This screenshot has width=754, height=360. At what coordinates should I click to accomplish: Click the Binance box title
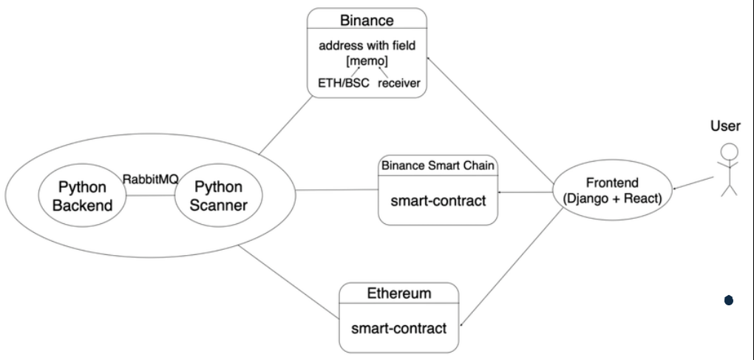(367, 20)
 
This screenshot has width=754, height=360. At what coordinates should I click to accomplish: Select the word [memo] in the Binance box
(367, 60)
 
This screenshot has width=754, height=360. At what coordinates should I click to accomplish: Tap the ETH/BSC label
(338, 83)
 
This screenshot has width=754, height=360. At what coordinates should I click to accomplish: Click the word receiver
(399, 83)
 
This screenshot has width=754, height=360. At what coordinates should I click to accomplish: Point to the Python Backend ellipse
(82, 195)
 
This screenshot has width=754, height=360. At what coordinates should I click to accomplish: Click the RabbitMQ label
(151, 180)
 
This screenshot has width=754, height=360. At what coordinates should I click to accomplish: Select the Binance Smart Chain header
(438, 164)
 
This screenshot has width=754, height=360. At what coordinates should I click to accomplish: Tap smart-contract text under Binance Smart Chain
(438, 199)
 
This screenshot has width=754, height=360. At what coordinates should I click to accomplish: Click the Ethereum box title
(399, 293)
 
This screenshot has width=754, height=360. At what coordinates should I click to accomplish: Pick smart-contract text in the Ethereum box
(398, 327)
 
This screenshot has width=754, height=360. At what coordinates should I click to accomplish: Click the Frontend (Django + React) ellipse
(612, 192)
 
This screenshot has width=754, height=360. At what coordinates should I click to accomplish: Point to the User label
(725, 126)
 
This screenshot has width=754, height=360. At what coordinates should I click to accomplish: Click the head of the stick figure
(730, 151)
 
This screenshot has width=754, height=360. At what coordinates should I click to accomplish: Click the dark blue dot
(729, 300)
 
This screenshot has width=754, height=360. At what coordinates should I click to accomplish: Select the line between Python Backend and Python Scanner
(150, 195)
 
